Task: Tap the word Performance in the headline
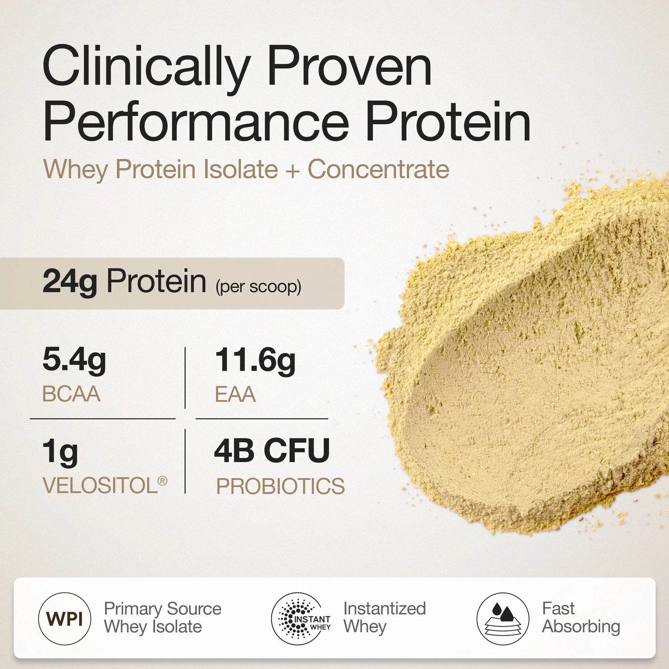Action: pyautogui.click(x=195, y=122)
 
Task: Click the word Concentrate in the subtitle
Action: pyautogui.click(x=379, y=169)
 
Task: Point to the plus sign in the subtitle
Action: pyautogui.click(x=293, y=170)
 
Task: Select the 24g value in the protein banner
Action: pyautogui.click(x=70, y=282)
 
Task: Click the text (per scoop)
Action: pyautogui.click(x=258, y=286)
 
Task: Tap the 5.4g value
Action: pyautogui.click(x=74, y=360)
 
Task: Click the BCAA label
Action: pyautogui.click(x=71, y=394)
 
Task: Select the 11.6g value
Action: pyautogui.click(x=255, y=360)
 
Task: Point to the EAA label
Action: pyautogui.click(x=235, y=394)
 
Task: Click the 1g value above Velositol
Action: pyautogui.click(x=60, y=452)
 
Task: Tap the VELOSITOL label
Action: pyautogui.click(x=100, y=486)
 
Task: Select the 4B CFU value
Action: pyautogui.click(x=272, y=451)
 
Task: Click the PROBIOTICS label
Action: pyautogui.click(x=280, y=486)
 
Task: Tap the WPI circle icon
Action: pyautogui.click(x=65, y=619)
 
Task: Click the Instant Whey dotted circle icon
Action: pyautogui.click(x=297, y=619)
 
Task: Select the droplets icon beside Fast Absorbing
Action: pyautogui.click(x=503, y=619)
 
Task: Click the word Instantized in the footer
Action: pyautogui.click(x=384, y=609)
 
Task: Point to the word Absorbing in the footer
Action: pyautogui.click(x=581, y=627)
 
